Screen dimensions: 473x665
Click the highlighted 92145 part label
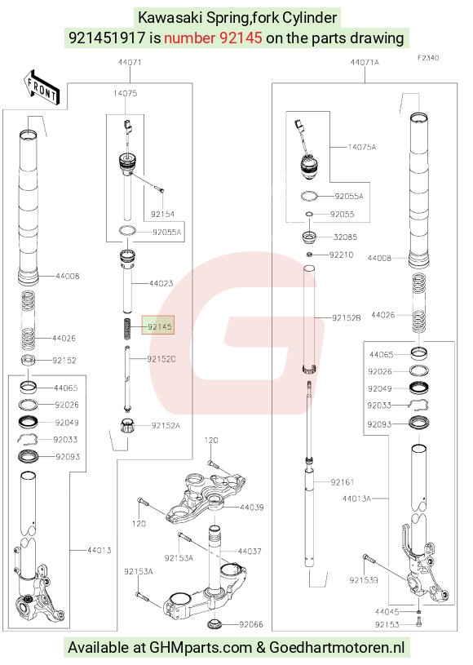pyautogui.click(x=159, y=326)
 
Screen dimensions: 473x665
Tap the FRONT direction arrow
pyautogui.click(x=42, y=88)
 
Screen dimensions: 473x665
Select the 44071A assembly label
pyautogui.click(x=365, y=62)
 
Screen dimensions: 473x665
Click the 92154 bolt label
pyautogui.click(x=162, y=214)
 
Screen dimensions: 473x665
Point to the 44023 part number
pyautogui.click(x=161, y=283)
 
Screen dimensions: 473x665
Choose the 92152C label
pyautogui.click(x=161, y=359)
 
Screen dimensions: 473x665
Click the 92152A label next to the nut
pyautogui.click(x=166, y=425)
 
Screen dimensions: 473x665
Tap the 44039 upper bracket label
pyautogui.click(x=252, y=508)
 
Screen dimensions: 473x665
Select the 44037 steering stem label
pyautogui.click(x=250, y=552)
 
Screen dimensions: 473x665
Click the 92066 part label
pyautogui.click(x=251, y=624)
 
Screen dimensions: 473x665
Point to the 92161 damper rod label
pyautogui.click(x=343, y=482)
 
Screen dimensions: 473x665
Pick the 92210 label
pyautogui.click(x=341, y=255)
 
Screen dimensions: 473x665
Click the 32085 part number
pyautogui.click(x=346, y=237)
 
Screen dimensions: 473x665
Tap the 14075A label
pyautogui.click(x=362, y=147)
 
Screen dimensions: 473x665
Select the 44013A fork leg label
pyautogui.click(x=357, y=499)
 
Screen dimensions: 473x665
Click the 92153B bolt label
pyautogui.click(x=364, y=580)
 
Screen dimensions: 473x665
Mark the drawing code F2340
pyautogui.click(x=428, y=58)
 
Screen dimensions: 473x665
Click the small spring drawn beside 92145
pyautogui.click(x=126, y=329)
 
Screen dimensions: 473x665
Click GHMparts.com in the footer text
pyautogui.click(x=201, y=648)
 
